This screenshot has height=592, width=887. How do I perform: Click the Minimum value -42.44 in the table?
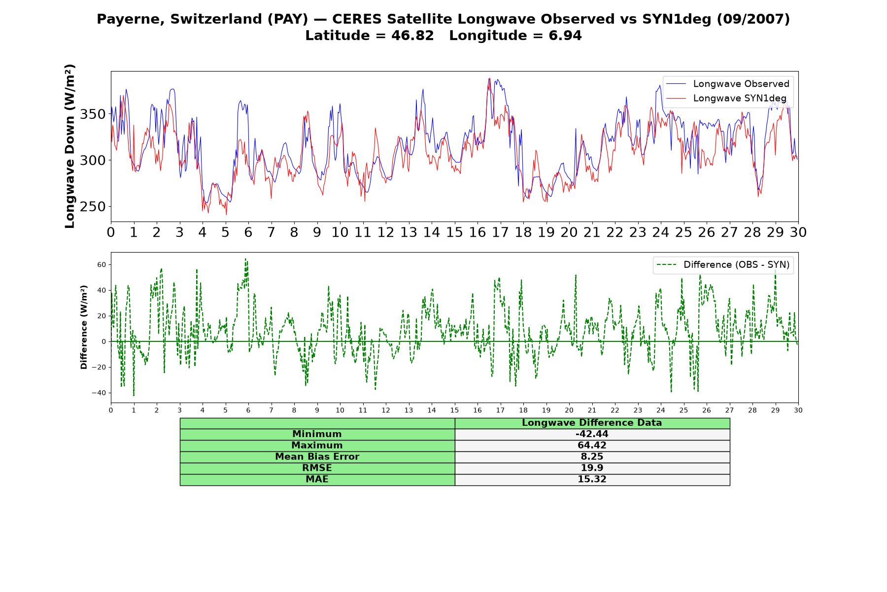pyautogui.click(x=592, y=434)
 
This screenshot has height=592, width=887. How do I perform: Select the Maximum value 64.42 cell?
pyautogui.click(x=592, y=445)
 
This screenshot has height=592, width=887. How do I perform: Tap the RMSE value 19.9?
pyautogui.click(x=592, y=468)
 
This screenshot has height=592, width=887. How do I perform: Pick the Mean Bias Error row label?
pyautogui.click(x=317, y=457)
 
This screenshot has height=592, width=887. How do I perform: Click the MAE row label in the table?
pyautogui.click(x=317, y=480)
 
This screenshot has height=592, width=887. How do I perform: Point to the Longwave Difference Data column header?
pyautogui.click(x=592, y=423)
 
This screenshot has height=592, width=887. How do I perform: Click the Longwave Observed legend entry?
pyautogui.click(x=727, y=84)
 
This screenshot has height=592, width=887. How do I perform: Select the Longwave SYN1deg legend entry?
pyautogui.click(x=726, y=98)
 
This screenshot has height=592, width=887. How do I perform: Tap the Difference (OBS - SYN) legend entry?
pyautogui.click(x=723, y=265)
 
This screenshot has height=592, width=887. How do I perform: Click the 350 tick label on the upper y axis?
pyautogui.click(x=93, y=114)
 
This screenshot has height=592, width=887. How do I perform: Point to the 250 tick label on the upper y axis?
pyautogui.click(x=93, y=207)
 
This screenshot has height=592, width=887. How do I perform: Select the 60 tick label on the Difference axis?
pyautogui.click(x=102, y=265)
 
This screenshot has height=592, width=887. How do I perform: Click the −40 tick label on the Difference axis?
pyautogui.click(x=99, y=393)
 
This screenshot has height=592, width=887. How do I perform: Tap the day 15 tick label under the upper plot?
pyautogui.click(x=454, y=232)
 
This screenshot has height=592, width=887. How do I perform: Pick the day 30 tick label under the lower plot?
pyautogui.click(x=798, y=410)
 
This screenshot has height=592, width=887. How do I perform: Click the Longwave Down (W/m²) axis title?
pyautogui.click(x=70, y=146)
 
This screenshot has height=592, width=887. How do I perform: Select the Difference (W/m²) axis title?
pyautogui.click(x=84, y=328)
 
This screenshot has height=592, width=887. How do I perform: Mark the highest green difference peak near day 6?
pyautogui.click(x=245, y=259)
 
